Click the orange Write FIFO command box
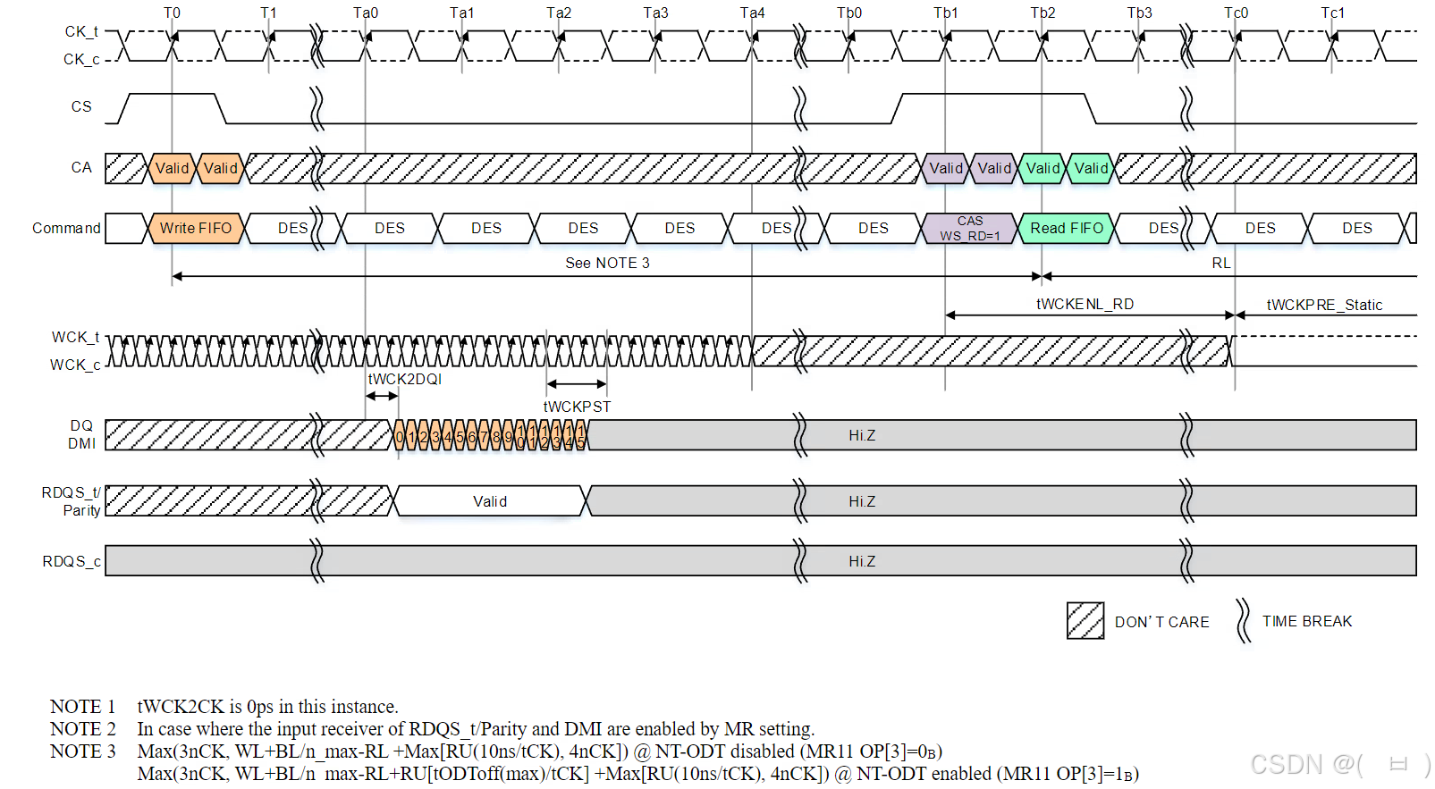pos(196,228)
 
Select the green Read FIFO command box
pos(1067,228)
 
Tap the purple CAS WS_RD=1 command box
pos(970,228)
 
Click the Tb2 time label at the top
pos(1042,13)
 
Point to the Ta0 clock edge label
pos(366,13)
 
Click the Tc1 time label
pos(1332,13)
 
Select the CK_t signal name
pos(80,31)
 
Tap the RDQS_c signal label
pos(72,561)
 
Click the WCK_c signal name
pos(75,365)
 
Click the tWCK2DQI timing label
pos(405,379)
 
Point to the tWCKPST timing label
pos(578,407)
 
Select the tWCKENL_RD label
pos(1085,304)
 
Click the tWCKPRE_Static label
pos(1324,305)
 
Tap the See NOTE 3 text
pos(607,263)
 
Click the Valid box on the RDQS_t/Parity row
pos(490,501)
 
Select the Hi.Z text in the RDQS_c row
pos(862,561)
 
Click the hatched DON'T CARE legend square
pos(1085,621)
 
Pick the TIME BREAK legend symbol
pos(1243,621)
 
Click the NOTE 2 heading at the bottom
pos(83,729)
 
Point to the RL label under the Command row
pos(1221,263)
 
